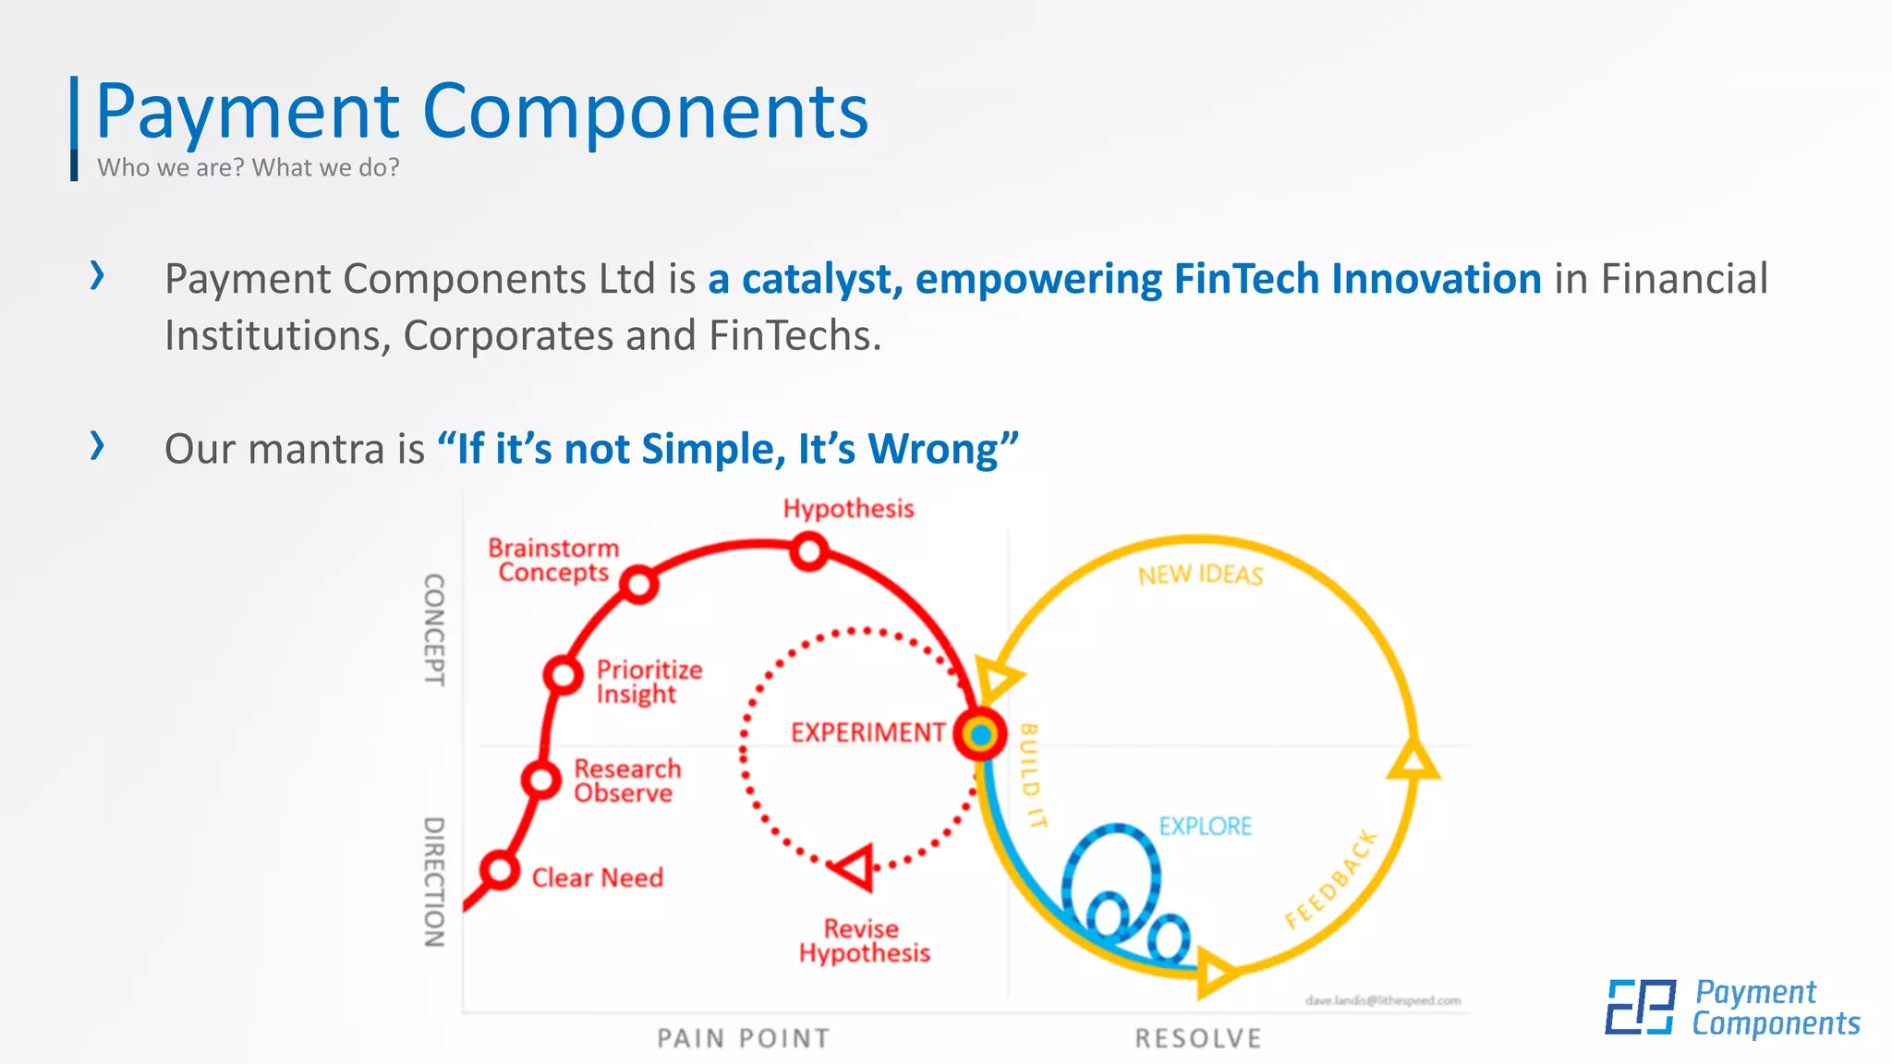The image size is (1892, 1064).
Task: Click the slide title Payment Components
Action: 481,112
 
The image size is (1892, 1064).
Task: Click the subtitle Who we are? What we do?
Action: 248,168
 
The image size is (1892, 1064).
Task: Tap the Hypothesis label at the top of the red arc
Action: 848,509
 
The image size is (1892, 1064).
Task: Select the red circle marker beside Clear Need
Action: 500,870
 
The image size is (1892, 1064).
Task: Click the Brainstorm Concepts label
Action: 553,560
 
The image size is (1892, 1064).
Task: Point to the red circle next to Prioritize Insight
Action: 563,674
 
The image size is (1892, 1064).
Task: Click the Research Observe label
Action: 627,781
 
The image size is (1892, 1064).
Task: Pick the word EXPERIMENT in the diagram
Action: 867,732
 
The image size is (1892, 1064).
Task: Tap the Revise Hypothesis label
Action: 864,941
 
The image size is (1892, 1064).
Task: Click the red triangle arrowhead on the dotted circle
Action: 855,867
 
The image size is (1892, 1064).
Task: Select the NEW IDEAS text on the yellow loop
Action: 1200,575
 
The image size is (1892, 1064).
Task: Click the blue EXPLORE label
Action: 1206,826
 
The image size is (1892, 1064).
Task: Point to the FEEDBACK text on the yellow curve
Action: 1331,879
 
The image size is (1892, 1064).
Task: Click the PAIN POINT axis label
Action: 743,1039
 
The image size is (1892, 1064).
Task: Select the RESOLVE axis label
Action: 1198,1039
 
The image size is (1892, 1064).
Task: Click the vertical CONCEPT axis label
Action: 434,630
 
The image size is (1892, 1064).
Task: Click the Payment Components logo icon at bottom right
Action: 1640,1007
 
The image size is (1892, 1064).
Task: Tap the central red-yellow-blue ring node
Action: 980,735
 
